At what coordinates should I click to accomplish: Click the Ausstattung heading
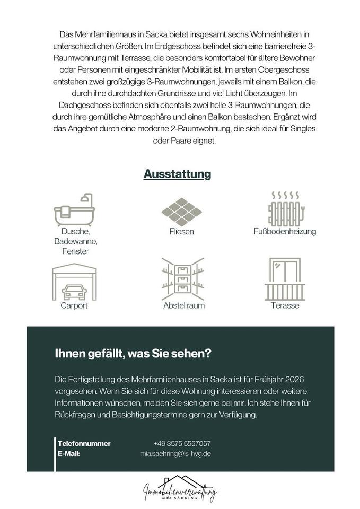point(178,174)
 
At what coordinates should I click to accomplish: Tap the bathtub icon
point(74,209)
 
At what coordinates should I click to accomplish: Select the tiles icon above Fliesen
point(181,210)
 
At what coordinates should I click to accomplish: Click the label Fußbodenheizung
point(285,232)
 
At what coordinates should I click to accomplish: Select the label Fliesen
point(181,232)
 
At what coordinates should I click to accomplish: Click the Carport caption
point(74,306)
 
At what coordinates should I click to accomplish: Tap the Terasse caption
point(285,306)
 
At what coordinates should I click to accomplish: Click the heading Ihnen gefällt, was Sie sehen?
point(130,354)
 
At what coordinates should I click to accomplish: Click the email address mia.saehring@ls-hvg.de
point(175,454)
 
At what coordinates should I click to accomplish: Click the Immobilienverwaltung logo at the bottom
point(180,490)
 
